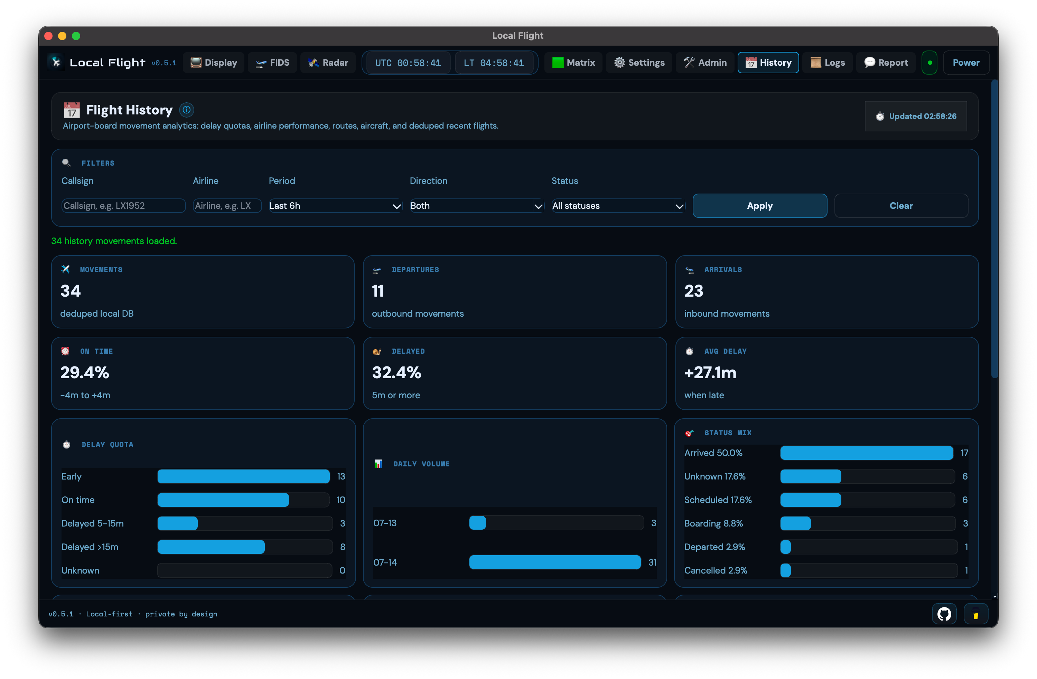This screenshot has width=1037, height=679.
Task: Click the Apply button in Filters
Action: coord(759,206)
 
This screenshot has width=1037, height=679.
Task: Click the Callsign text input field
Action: coord(123,206)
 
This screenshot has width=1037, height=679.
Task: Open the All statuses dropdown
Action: coord(618,206)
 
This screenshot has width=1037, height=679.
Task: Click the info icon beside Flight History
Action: coord(186,110)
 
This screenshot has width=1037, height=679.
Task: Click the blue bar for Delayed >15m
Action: coord(211,547)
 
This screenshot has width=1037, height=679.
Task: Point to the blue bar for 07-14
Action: coord(555,562)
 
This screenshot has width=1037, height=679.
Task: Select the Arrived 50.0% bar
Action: coord(866,453)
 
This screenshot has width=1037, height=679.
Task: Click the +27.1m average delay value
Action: coord(710,373)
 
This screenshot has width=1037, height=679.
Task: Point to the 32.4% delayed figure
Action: coord(396,373)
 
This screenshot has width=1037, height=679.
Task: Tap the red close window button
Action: coord(49,36)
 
